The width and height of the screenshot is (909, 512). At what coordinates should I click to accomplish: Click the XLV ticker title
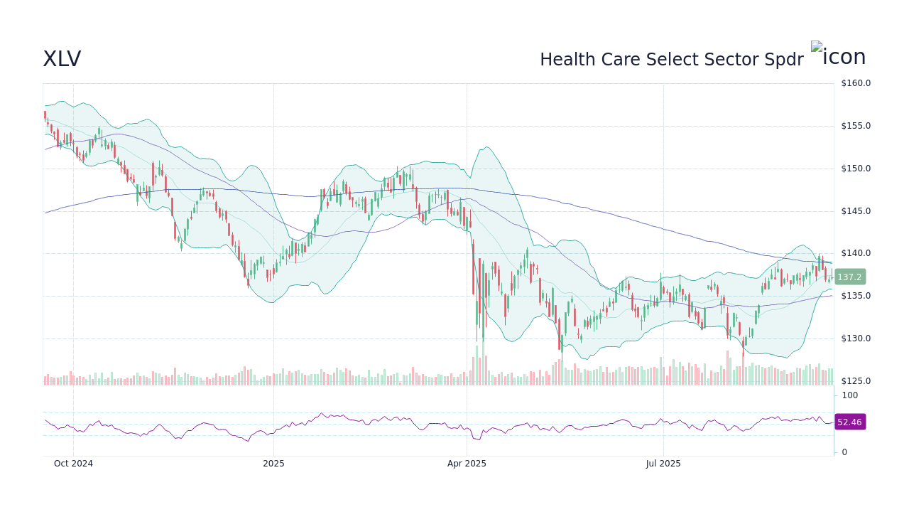click(x=62, y=59)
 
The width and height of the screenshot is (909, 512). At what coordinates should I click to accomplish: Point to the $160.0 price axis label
click(x=856, y=83)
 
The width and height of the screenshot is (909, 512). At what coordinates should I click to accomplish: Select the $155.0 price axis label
click(x=856, y=126)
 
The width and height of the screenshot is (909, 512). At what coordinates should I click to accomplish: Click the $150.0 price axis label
click(x=856, y=169)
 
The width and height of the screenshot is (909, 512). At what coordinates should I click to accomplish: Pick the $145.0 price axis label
click(x=856, y=211)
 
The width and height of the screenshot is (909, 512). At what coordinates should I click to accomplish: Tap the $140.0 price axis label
click(x=856, y=253)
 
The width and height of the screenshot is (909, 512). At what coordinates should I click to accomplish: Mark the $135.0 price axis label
click(x=856, y=296)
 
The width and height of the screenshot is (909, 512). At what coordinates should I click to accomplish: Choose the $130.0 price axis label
click(x=856, y=338)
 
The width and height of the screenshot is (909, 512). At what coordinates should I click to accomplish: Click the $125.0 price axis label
click(x=856, y=381)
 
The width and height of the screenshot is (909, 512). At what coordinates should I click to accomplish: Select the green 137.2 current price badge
click(x=849, y=277)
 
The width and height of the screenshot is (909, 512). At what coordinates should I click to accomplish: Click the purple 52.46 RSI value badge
click(x=849, y=422)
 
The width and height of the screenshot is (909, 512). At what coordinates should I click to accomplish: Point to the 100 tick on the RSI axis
click(x=850, y=395)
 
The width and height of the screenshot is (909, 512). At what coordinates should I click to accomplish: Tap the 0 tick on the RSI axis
click(x=844, y=452)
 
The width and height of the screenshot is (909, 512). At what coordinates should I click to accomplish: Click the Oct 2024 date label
click(x=73, y=464)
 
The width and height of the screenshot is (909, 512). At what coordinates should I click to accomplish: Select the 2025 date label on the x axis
click(x=273, y=464)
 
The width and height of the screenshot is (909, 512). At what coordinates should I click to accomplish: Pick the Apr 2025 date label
click(x=467, y=464)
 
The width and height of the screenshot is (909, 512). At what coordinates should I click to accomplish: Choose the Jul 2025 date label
click(x=663, y=464)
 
